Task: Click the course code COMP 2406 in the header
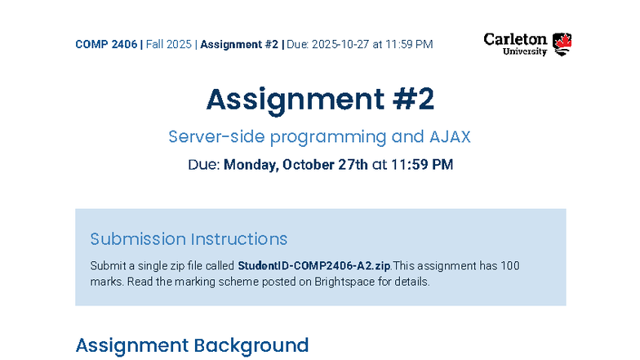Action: coord(106,44)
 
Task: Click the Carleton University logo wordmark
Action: coord(515,44)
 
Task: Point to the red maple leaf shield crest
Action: coord(562,44)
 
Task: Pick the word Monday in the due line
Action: coord(251,165)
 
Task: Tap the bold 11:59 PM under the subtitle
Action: coord(422,165)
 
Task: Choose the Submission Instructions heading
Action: coord(189,239)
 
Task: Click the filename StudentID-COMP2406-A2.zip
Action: coord(314,266)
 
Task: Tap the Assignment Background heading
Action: coord(192,345)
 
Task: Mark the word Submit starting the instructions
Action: coord(106,266)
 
